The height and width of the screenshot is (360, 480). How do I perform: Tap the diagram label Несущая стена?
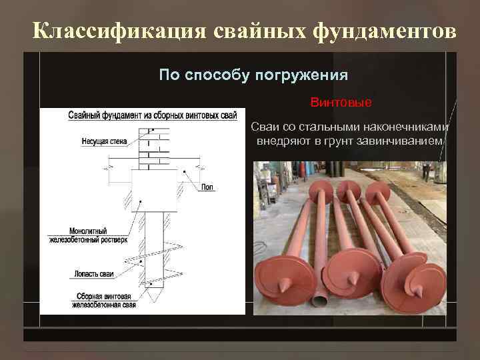point(105,141)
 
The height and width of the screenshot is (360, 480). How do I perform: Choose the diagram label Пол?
point(207,187)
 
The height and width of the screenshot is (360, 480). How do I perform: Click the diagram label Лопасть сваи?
point(92,273)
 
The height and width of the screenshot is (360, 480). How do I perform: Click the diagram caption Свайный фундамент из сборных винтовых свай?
point(152,115)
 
